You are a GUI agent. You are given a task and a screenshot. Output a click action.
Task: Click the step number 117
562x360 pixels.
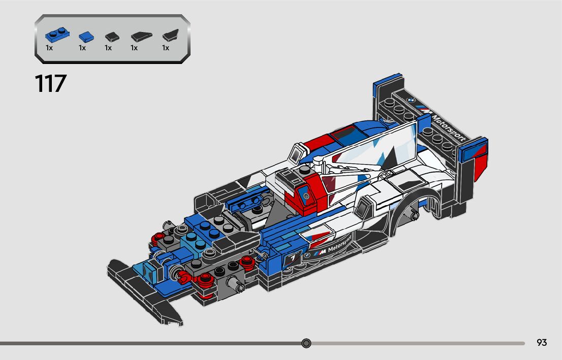[51, 84]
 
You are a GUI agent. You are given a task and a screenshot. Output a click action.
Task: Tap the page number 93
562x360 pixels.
[542, 343]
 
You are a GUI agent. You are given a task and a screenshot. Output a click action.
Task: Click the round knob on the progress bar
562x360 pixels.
[306, 343]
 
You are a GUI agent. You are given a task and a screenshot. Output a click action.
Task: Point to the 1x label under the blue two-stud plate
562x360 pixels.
[49, 48]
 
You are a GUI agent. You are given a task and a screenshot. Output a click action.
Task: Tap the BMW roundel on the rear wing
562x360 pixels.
[412, 101]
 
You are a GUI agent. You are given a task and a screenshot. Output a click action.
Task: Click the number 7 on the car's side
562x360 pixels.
[293, 259]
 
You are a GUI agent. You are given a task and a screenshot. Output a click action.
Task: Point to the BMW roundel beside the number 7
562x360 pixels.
[307, 255]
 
